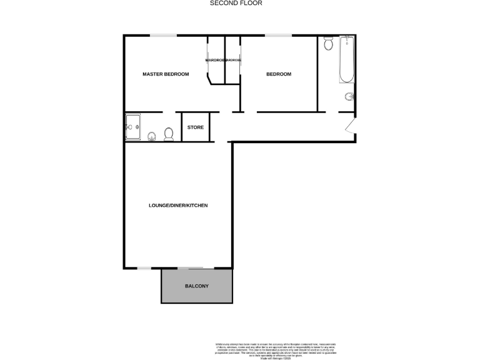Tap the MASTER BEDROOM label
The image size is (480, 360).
[166, 74]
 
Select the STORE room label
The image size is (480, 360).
[196, 127]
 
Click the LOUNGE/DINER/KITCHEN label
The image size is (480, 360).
[178, 206]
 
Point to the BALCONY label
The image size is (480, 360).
[197, 286]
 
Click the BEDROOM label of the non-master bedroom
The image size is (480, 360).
[279, 74]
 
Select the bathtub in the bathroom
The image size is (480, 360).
[346, 60]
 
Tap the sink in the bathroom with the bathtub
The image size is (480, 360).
[350, 97]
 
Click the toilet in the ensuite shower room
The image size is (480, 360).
[168, 134]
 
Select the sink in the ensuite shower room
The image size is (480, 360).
[151, 136]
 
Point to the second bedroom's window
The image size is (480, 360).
[279, 36]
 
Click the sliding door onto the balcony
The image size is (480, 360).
[191, 268]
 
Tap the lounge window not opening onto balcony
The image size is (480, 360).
[144, 268]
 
